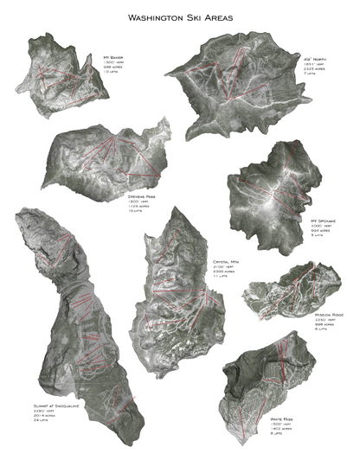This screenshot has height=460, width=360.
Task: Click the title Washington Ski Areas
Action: (x=180, y=16)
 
